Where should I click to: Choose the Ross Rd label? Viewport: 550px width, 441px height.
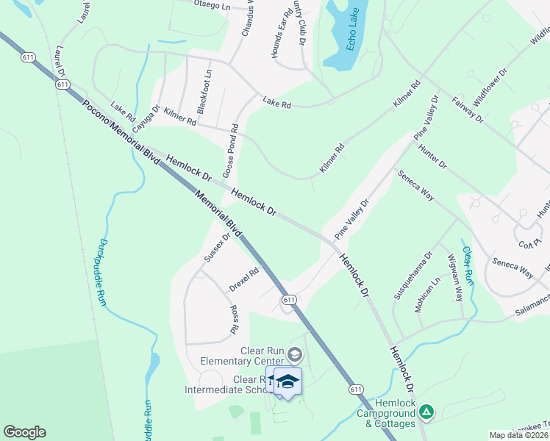point(235,320)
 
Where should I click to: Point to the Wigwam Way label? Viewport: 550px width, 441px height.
point(455,278)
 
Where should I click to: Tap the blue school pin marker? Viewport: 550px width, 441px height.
point(287,382)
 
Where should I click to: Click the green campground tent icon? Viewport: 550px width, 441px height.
point(426,413)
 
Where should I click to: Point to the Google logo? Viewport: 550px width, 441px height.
point(24,432)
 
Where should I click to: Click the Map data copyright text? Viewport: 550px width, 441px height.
point(519,435)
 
